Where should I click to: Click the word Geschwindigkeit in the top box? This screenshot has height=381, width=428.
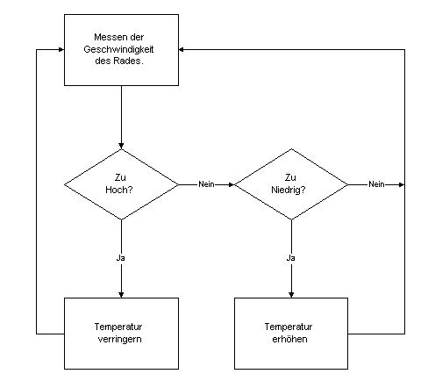pyautogui.click(x=118, y=49)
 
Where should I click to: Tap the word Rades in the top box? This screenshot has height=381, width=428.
pyautogui.click(x=127, y=61)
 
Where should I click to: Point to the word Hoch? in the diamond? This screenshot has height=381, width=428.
pyautogui.click(x=119, y=190)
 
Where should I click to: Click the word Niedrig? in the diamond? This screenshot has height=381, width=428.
pyautogui.click(x=289, y=190)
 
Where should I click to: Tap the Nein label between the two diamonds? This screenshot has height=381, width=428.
pyautogui.click(x=206, y=184)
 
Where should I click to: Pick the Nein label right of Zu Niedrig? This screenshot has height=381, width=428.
pyautogui.click(x=376, y=184)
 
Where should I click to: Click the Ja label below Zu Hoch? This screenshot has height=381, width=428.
pyautogui.click(x=121, y=258)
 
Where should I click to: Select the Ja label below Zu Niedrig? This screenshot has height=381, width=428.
pyautogui.click(x=290, y=258)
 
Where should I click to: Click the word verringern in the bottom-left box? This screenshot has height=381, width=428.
pyautogui.click(x=119, y=339)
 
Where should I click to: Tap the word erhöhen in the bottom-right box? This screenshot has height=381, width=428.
pyautogui.click(x=289, y=339)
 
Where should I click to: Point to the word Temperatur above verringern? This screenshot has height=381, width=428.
pyautogui.click(x=118, y=327)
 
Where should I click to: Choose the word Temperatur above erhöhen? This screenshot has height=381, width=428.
pyautogui.click(x=289, y=327)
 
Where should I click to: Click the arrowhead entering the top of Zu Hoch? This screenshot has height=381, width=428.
pyautogui.click(x=121, y=146)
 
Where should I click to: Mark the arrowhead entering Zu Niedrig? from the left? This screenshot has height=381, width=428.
pyautogui.click(x=232, y=184)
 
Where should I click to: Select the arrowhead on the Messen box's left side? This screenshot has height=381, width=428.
pyautogui.click(x=61, y=49)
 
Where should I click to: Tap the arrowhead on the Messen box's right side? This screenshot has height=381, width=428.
pyautogui.click(x=182, y=49)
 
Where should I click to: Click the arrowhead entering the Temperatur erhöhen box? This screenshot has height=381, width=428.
pyautogui.click(x=291, y=295)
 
